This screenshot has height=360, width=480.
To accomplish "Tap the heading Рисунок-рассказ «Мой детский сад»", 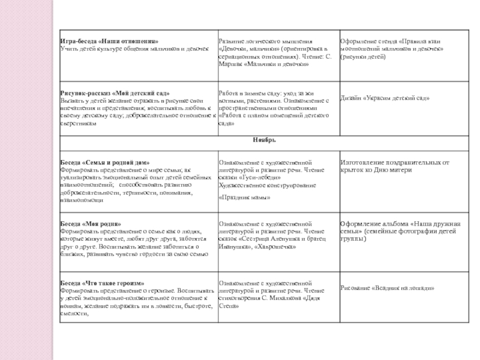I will [115, 94].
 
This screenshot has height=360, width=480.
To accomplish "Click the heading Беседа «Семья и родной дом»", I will [105, 163].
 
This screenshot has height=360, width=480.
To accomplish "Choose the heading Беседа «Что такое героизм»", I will [103, 283].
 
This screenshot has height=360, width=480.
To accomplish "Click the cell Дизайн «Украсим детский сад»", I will [385, 98].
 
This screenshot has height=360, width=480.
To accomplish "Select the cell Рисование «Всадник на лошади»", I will [387, 288].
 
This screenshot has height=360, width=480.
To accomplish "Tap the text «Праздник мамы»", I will [244, 197].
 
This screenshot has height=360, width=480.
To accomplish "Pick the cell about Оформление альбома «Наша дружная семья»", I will [400, 230].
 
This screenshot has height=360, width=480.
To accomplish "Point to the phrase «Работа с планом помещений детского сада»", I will [274, 118].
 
